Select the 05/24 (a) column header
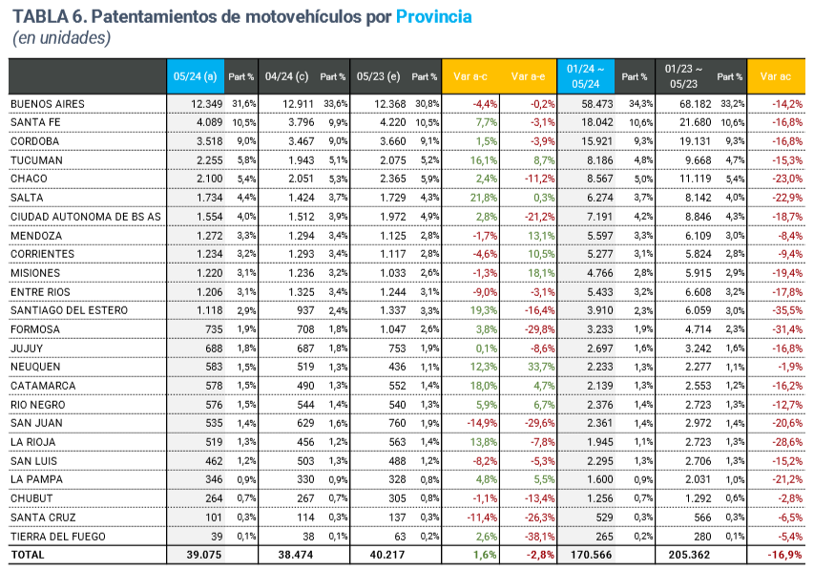point(195,76)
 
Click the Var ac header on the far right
point(775,76)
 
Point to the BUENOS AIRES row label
point(48,103)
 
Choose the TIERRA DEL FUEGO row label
point(59,536)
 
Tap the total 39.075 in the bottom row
point(201,555)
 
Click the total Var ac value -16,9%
point(783,555)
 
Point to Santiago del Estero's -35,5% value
point(785,310)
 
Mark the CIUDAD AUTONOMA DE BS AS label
point(85,216)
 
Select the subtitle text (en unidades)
point(62,38)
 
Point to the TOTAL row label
point(28,555)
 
